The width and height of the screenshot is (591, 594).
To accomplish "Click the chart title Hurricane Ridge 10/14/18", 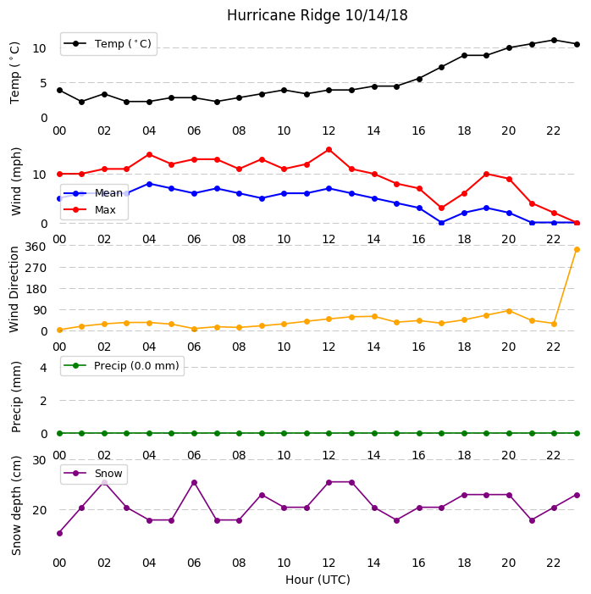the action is point(318,15).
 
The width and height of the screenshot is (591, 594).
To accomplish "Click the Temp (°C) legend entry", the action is point(108,44).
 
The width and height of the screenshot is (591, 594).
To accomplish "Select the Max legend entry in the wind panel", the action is point(90,209).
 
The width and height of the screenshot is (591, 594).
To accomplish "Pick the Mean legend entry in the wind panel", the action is point(93,193).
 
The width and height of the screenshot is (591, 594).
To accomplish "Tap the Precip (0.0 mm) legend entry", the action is point(122,365).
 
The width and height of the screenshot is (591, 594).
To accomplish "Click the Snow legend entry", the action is point(93,474).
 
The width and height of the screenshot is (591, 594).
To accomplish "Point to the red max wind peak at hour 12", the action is point(329,150).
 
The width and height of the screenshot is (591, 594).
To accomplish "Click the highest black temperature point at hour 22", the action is point(555,40).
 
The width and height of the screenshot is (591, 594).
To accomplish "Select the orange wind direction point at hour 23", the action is point(577,249).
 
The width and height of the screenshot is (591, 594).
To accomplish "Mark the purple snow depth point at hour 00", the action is point(59,533).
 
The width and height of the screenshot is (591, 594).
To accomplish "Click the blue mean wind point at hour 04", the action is point(149,184).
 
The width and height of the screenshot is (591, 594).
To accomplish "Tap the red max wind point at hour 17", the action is point(441,208).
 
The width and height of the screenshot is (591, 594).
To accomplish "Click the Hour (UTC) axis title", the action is point(318,580).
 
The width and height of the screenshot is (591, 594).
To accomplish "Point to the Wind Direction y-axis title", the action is point(14,290).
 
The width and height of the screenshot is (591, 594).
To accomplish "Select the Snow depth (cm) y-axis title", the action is point(16,505).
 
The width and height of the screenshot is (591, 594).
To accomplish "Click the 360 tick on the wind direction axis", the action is point(36,247).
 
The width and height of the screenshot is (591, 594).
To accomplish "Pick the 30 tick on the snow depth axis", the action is point(39,460).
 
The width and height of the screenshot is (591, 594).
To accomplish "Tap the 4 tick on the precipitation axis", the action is point(43,368).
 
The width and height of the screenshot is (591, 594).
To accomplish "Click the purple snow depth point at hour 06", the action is point(194,483).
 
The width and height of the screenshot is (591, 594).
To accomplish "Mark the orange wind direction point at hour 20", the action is point(509,311).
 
